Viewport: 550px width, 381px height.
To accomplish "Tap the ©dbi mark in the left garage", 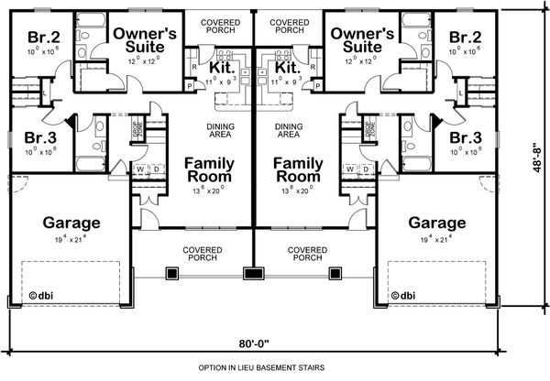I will pyautogui.click(x=39, y=296).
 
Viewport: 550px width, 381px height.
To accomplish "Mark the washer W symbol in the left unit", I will pyautogui.click(x=140, y=169).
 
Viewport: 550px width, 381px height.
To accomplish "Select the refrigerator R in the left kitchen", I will pyautogui.click(x=194, y=67).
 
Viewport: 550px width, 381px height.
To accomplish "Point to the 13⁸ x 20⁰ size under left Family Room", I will pyautogui.click(x=207, y=191).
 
